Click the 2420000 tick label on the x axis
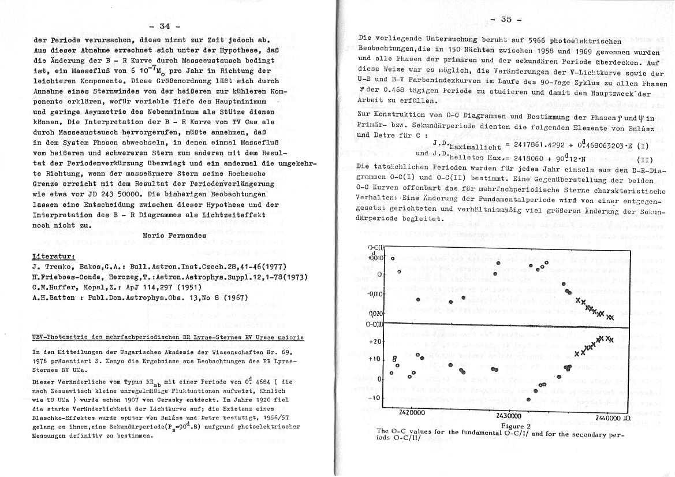(x=412, y=413)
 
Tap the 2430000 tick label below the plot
(x=508, y=415)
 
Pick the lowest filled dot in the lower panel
(x=529, y=400)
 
